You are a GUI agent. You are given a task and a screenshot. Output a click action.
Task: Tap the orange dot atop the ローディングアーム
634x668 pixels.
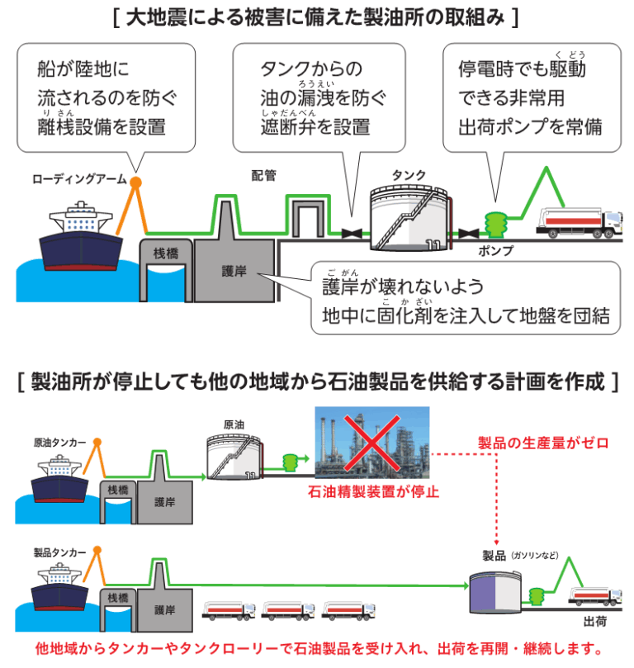tap(135, 182)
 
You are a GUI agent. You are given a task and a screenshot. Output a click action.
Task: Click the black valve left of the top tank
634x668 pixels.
tap(352, 234)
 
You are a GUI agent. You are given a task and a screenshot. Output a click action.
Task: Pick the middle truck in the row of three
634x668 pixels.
tap(288, 611)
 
